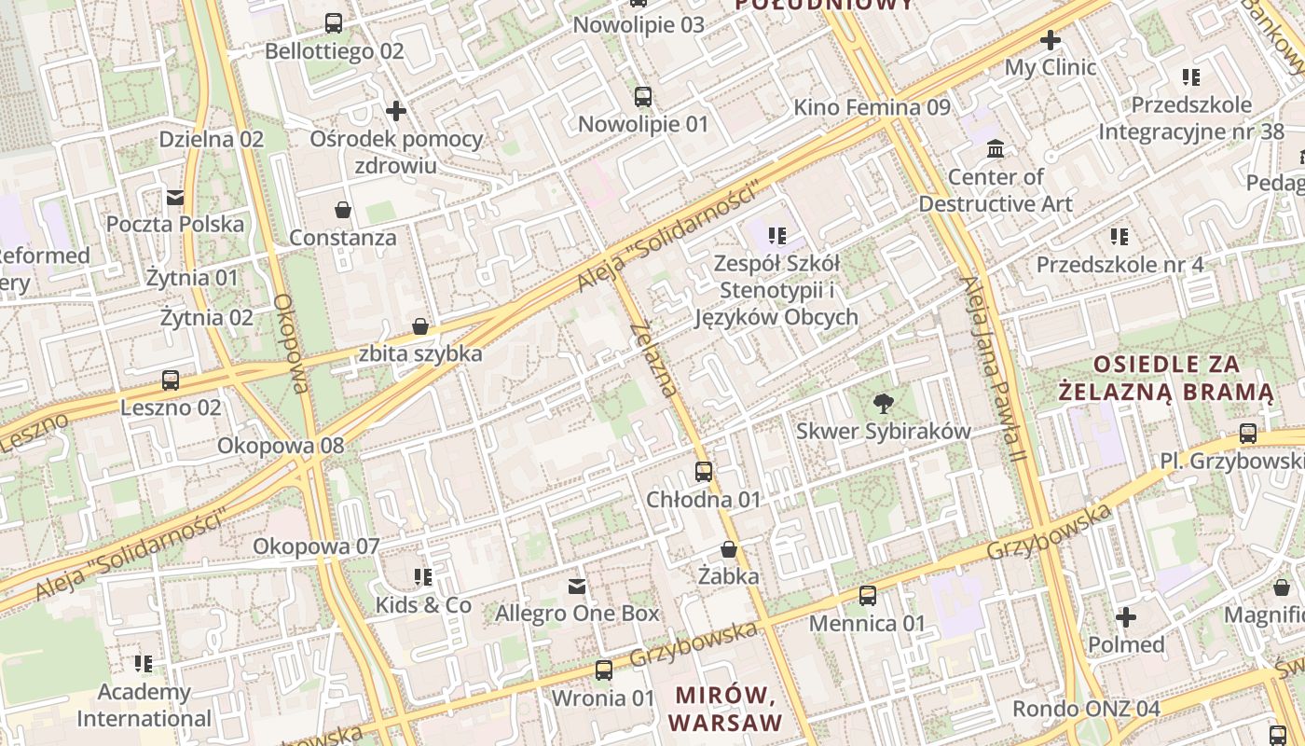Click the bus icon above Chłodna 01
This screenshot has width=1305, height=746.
[704, 472]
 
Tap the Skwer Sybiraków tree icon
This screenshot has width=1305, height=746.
[883, 404]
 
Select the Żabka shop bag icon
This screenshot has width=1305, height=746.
[728, 549]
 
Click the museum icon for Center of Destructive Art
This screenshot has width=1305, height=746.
[996, 149]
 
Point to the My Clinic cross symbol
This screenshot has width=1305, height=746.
[1051, 40]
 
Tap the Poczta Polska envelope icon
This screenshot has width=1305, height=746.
[175, 197]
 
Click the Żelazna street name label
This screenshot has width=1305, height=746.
[653, 359]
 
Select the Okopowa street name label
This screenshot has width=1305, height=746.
[291, 344]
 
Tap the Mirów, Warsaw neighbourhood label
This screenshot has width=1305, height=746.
[724, 709]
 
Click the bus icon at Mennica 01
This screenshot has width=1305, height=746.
[868, 595]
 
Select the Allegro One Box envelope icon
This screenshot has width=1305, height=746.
[577, 586]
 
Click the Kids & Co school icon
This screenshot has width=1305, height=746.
[423, 577]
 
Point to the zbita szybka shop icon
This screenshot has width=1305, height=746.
[420, 326]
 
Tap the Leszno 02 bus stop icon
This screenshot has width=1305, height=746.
[171, 380]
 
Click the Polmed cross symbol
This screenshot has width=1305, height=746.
[1126, 617]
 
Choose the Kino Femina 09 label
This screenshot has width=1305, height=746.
[872, 107]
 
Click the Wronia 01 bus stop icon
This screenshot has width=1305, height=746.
[604, 670]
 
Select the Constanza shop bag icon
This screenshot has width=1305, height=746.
[343, 210]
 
